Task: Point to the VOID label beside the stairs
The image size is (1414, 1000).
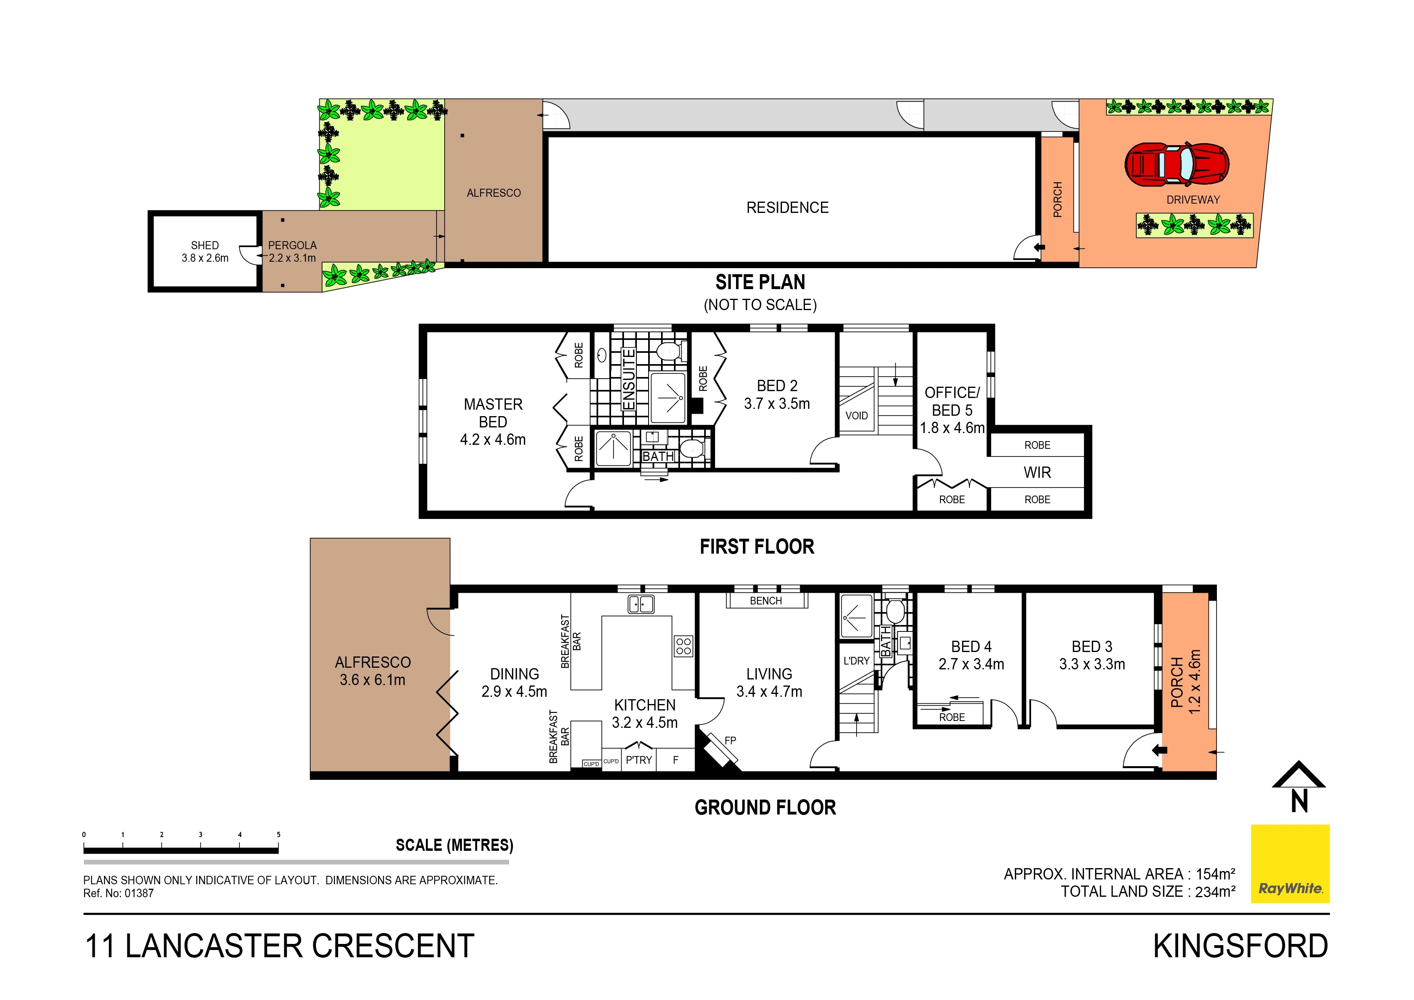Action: (856, 416)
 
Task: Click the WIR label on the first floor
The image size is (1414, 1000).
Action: (1037, 473)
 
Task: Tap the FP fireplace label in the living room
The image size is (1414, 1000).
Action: (730, 741)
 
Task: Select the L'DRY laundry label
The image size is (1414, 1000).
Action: (856, 661)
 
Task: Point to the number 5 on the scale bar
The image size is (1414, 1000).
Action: (279, 835)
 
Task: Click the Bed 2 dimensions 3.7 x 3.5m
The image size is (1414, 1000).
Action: (777, 404)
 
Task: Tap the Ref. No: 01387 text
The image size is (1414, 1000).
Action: (118, 894)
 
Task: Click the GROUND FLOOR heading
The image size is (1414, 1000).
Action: (765, 808)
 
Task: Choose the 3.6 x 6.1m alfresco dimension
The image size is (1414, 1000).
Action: (372, 680)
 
